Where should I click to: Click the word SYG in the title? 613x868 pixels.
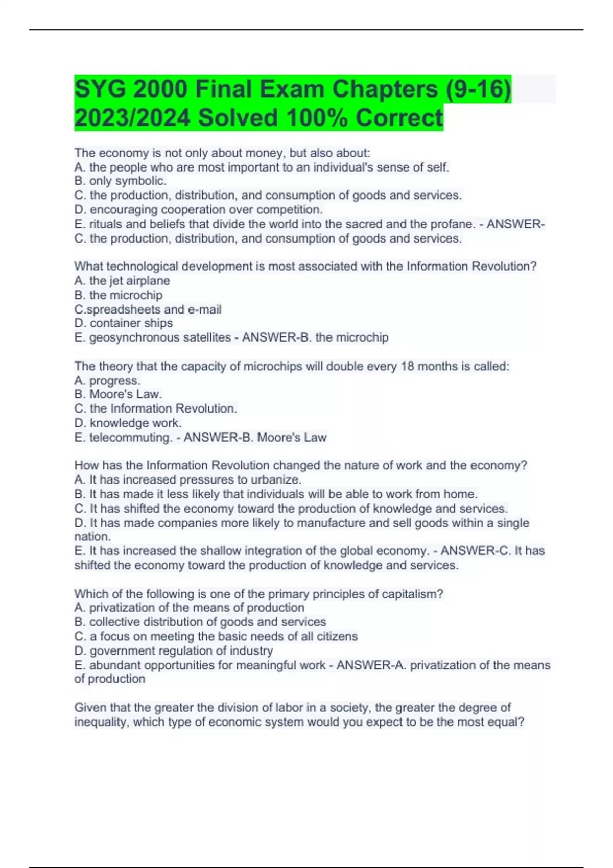click(100, 89)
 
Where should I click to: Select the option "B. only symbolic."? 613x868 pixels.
click(121, 181)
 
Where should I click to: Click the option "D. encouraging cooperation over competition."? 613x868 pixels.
click(199, 209)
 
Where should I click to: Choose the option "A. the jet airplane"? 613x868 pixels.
click(122, 280)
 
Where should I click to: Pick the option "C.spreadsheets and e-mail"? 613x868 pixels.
click(148, 309)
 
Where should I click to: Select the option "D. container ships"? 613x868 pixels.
click(124, 323)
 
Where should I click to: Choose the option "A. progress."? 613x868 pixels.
click(107, 380)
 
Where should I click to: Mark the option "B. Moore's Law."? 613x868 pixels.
click(118, 394)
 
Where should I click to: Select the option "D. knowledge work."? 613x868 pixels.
click(128, 423)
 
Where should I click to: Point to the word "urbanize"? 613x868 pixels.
click(279, 479)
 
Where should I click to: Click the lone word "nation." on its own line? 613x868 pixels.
click(92, 536)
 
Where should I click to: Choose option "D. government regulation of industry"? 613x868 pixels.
click(174, 650)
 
